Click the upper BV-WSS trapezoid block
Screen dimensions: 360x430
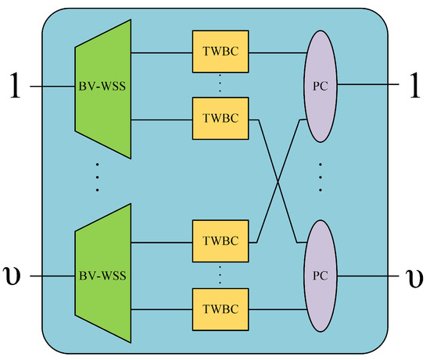102,87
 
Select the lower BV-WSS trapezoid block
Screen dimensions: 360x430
102,275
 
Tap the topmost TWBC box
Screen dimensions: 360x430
220,55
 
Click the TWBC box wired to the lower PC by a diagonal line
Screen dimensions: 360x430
220,119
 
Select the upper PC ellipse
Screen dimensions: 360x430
319,87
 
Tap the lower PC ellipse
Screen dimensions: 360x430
319,275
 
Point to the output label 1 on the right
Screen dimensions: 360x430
414,86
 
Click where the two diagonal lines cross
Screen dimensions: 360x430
278,180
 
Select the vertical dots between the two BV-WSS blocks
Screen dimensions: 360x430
97,177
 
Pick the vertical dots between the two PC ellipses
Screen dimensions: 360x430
321,180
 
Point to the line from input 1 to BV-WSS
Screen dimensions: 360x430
53,87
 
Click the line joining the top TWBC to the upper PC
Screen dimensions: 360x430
277,55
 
